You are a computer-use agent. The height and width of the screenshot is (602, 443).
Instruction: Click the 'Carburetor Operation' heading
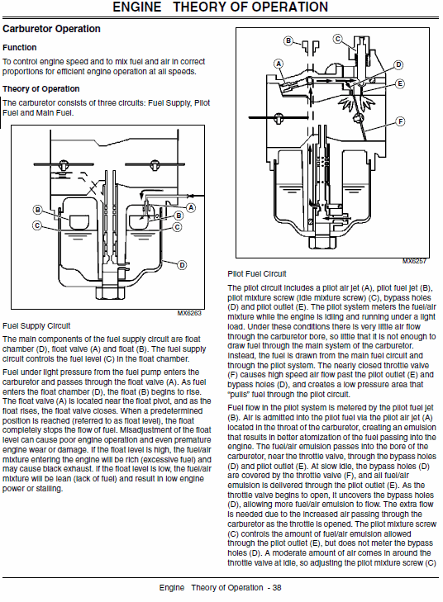(51, 29)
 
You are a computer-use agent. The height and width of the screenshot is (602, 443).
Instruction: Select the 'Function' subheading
(19, 48)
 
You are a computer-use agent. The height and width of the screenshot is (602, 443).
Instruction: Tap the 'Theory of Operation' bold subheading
(40, 88)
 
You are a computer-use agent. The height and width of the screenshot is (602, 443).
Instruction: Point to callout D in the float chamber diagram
(182, 264)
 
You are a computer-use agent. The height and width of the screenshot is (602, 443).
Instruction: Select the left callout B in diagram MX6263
(37, 210)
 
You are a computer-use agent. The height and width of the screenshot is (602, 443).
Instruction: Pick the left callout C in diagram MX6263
(37, 225)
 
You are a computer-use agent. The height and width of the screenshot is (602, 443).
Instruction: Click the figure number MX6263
(189, 314)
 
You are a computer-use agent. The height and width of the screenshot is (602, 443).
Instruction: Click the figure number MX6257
(414, 261)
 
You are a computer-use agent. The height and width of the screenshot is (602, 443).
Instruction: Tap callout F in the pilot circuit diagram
(400, 121)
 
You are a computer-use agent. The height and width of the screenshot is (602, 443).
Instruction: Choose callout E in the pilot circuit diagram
(400, 83)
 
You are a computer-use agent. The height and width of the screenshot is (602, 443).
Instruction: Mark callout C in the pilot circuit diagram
(338, 39)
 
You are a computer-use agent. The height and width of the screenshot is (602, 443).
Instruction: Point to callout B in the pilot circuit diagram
(288, 40)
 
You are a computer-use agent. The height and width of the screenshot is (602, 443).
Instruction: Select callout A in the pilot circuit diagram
(279, 64)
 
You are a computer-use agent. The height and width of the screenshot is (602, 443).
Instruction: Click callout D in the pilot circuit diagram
(398, 64)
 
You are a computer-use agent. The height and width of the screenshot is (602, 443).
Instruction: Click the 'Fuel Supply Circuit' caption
(36, 326)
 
